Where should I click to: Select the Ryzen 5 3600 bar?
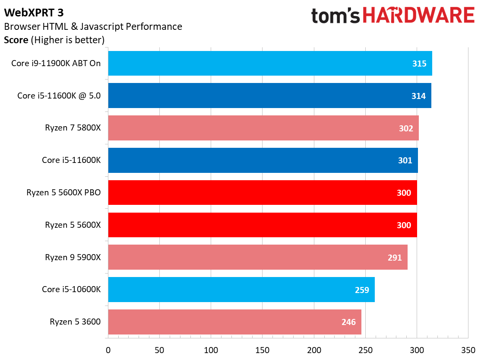tap(234, 322)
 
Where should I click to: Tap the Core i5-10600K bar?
tap(241, 290)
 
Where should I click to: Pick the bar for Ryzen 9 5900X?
tap(258, 257)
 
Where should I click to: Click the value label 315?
tap(419, 64)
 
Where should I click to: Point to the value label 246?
tap(348, 322)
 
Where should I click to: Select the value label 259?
tap(362, 290)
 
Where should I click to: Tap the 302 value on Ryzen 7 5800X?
tap(406, 128)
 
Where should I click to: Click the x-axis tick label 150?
tap(263, 349)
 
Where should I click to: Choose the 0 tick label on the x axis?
tap(108, 349)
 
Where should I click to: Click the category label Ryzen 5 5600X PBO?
tap(63, 192)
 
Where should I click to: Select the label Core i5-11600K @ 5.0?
tap(59, 96)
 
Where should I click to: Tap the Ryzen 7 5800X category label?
tap(73, 128)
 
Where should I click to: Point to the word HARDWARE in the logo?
tap(418, 16)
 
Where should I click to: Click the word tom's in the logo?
tap(336, 16)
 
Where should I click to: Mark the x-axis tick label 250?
tap(365, 349)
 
